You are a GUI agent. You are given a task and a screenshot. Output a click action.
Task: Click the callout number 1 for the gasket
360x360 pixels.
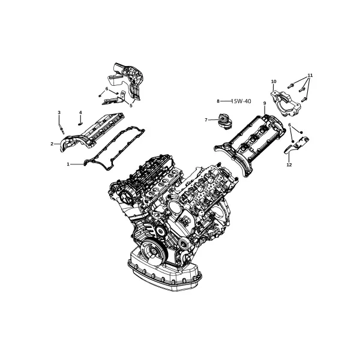tap(68, 164)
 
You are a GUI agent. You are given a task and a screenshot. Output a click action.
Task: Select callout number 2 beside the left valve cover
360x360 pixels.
tap(52, 144)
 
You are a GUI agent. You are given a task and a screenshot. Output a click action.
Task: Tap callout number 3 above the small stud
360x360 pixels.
tap(59, 112)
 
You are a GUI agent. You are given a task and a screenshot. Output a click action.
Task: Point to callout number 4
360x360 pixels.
tap(80, 112)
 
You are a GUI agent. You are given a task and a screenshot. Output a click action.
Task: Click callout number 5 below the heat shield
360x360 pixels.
tap(131, 106)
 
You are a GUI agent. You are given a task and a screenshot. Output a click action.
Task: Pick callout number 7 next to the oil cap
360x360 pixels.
tap(206, 120)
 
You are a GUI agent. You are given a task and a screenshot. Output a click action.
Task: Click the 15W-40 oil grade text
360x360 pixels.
tap(241, 101)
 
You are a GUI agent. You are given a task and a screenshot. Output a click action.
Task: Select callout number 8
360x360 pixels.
tap(218, 101)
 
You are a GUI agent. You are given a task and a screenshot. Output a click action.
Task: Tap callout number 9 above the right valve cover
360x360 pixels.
tap(265, 104)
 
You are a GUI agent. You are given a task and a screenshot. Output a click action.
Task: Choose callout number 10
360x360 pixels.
tap(274, 82)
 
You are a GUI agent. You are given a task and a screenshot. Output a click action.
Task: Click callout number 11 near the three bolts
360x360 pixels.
tap(310, 76)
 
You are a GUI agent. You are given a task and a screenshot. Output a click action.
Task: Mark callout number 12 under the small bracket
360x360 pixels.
tap(289, 164)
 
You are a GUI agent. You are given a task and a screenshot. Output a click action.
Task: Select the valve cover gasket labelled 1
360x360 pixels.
tap(114, 149)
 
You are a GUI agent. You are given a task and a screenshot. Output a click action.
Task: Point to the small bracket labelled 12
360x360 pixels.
tap(297, 144)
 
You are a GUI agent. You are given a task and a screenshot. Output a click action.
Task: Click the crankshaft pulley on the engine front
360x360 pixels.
tap(152, 251)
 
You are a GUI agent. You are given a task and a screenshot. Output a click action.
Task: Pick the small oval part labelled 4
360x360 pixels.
tap(80, 124)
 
